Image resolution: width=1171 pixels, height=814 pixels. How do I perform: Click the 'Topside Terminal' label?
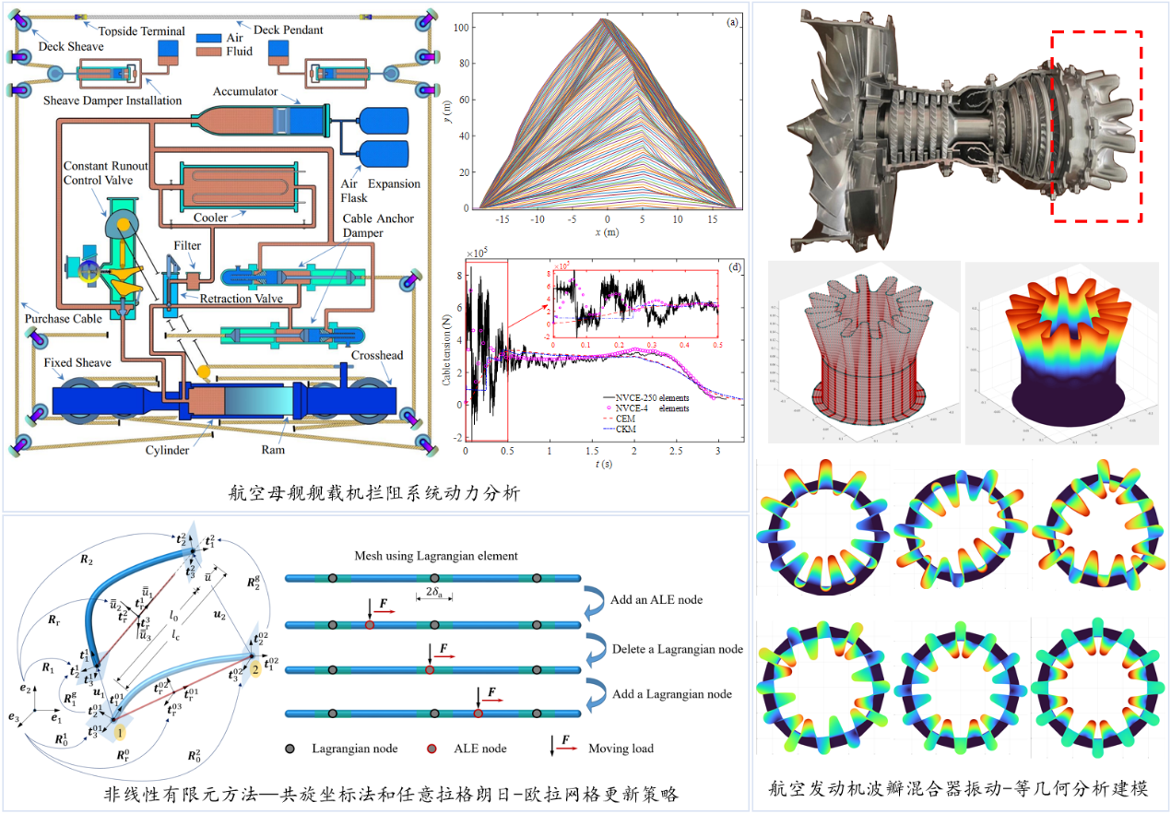142,30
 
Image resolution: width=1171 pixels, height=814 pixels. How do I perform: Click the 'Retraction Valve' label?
242,300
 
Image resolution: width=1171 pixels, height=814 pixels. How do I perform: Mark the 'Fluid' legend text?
239,52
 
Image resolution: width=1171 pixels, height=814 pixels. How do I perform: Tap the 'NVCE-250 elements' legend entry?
656,396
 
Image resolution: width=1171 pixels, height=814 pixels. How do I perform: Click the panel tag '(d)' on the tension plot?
734,268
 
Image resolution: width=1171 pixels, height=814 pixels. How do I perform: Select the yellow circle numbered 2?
253,667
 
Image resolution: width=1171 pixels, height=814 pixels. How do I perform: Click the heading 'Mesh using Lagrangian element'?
436,556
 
